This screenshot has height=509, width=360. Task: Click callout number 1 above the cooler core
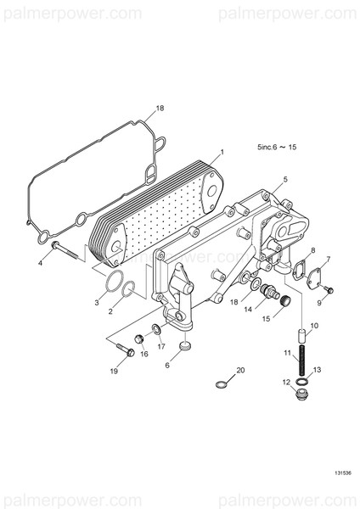click(221, 153)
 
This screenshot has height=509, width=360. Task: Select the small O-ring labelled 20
click(222, 384)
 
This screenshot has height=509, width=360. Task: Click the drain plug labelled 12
click(300, 396)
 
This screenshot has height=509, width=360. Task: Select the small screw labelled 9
click(329, 290)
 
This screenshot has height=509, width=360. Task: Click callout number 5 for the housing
click(285, 179)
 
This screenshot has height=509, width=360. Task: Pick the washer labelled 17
click(156, 329)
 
